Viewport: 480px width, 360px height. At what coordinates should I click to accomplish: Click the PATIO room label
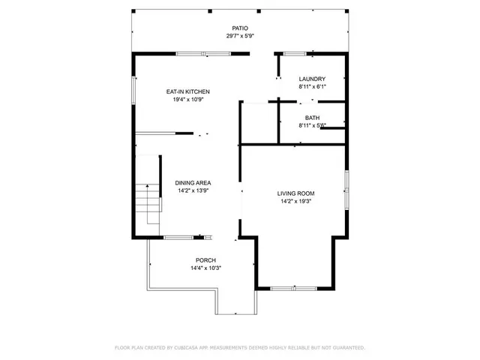[x=239, y=28]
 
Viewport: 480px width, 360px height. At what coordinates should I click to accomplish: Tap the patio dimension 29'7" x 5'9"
[x=239, y=36]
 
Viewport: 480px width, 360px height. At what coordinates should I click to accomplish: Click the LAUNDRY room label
[x=312, y=79]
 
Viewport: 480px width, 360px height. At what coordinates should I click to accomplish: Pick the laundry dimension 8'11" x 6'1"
[x=312, y=87]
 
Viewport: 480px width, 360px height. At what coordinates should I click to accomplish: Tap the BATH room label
[x=312, y=118]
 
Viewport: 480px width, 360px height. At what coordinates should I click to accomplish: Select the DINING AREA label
[x=193, y=182]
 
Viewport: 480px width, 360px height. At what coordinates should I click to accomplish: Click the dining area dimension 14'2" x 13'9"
[x=193, y=190]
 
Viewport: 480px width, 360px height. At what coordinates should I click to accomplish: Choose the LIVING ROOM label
[x=295, y=193]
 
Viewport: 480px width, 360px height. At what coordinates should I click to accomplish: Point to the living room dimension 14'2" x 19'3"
[x=295, y=201]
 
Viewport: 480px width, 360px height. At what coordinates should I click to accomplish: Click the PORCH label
[x=205, y=260]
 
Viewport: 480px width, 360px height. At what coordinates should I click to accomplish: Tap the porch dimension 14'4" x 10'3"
[x=205, y=268]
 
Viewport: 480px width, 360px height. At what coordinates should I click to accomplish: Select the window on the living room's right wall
[x=346, y=190]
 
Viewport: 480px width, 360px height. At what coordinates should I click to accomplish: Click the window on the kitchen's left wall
[x=134, y=91]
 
